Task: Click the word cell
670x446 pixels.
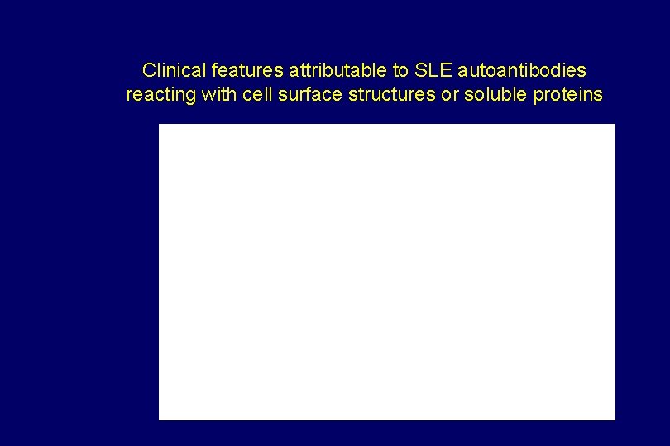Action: pyautogui.click(x=257, y=95)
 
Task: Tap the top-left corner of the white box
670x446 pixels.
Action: pyautogui.click(x=160, y=125)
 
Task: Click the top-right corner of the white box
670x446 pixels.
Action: pyautogui.click(x=615, y=125)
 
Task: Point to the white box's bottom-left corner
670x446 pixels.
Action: pyautogui.click(x=160, y=419)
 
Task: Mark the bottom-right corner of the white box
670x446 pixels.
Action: pyautogui.click(x=615, y=419)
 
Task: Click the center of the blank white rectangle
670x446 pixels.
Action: pyautogui.click(x=387, y=272)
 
